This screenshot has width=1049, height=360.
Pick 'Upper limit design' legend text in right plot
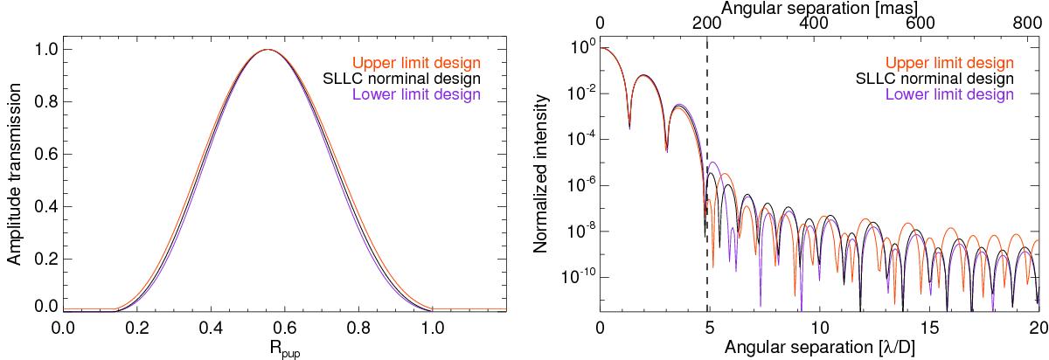click(x=949, y=63)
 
